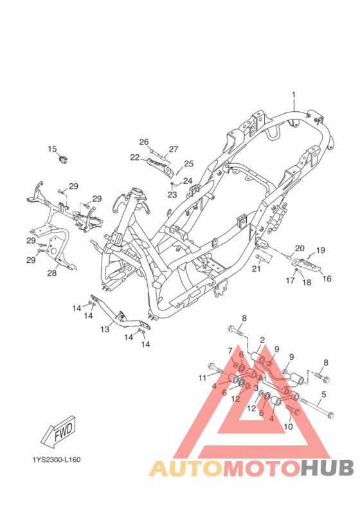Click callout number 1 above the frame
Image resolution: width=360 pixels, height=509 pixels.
coord(294,94)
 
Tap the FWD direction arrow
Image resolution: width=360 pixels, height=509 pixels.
coord(59,433)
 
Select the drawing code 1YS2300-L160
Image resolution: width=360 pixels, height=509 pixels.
coord(57,460)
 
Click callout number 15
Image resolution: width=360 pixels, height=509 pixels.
coord(52,149)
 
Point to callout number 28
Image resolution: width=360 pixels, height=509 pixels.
coord(52,273)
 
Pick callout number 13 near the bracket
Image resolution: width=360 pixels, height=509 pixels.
coord(105,330)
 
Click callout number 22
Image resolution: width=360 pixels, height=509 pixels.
coord(134,157)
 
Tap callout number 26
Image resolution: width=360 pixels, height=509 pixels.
coord(144,142)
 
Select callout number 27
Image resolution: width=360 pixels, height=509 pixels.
coord(173,149)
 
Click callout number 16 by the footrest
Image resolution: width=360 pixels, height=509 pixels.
coord(327,279)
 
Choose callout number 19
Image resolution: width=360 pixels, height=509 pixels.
coord(320,251)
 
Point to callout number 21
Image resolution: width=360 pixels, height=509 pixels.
coord(256,269)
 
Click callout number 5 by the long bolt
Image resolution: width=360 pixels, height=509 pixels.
coord(324,395)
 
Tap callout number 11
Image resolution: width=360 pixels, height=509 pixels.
coord(203,377)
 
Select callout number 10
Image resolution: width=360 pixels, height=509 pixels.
coord(288,426)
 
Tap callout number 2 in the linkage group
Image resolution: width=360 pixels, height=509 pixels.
coord(262,340)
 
